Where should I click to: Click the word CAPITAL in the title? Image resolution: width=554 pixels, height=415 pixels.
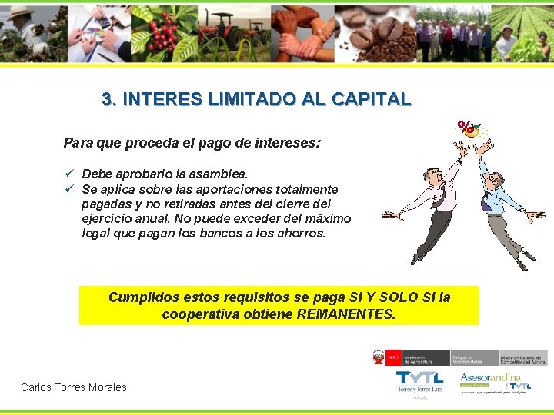pyautogui.click(x=372, y=100)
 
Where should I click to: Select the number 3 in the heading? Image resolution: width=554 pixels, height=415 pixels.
pyautogui.click(x=107, y=100)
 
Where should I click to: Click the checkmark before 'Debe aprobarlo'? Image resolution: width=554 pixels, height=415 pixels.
pyautogui.click(x=68, y=174)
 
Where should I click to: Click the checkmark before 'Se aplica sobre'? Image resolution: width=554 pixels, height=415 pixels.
pyautogui.click(x=68, y=188)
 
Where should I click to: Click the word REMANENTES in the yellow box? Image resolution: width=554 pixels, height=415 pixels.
pyautogui.click(x=346, y=314)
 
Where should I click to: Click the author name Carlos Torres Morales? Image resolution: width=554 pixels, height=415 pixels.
pyautogui.click(x=74, y=387)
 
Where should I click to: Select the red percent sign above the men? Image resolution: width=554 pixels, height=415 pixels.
pyautogui.click(x=465, y=127)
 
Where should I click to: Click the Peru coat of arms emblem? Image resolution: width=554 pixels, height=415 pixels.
pyautogui.click(x=378, y=357)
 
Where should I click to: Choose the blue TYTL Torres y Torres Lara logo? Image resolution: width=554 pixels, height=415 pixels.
pyautogui.click(x=419, y=380)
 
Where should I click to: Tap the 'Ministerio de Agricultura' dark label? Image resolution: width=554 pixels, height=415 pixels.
pyautogui.click(x=415, y=358)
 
